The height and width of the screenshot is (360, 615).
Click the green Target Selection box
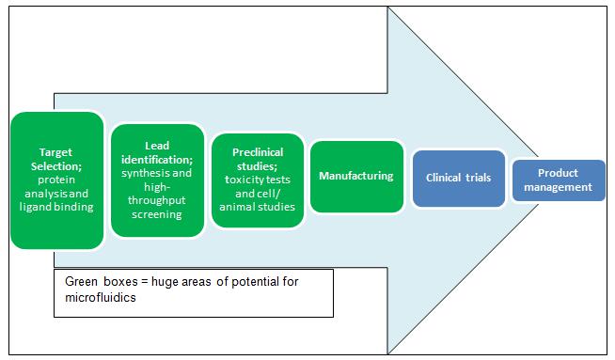click(56, 180)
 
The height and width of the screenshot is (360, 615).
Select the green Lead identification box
click(157, 180)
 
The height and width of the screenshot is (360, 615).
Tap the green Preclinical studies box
click(258, 180)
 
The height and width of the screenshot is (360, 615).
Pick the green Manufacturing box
click(356, 176)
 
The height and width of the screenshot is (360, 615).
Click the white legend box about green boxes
click(193, 291)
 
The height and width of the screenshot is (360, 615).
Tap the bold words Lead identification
click(157, 152)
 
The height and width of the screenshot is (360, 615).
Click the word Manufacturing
click(356, 176)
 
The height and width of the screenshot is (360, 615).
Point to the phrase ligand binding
click(56, 207)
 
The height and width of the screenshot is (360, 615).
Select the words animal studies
click(258, 207)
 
